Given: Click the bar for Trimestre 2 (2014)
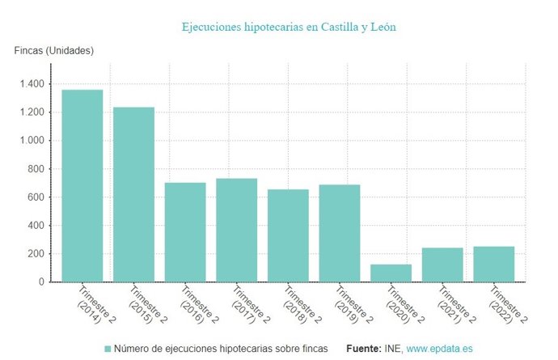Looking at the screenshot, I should [82, 186].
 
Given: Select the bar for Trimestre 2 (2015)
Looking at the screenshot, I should [133, 194].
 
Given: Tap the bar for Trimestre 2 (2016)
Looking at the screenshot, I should [185, 232].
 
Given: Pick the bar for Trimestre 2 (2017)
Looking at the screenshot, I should [236, 230].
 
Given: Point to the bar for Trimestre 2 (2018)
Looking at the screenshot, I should [288, 235].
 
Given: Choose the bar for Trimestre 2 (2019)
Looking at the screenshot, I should [340, 233].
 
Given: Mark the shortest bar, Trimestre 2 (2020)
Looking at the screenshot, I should [391, 273].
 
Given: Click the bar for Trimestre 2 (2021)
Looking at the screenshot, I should [442, 265].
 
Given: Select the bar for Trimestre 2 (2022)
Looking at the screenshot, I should [494, 264].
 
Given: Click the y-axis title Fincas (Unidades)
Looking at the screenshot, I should [54, 51].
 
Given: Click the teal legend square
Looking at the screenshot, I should [108, 349].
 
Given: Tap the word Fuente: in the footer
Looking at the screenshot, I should [365, 349].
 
